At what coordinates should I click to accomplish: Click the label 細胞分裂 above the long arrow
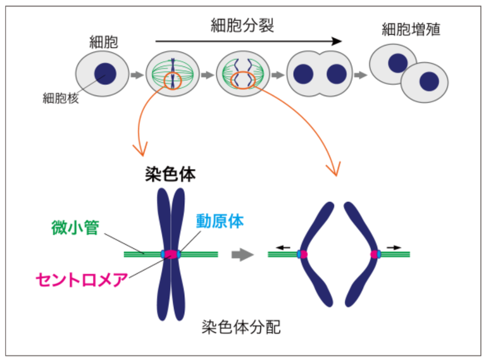(243, 26)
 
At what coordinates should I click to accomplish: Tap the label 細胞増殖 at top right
(411, 29)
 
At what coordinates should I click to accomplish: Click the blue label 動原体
(220, 221)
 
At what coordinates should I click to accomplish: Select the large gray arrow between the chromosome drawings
(241, 254)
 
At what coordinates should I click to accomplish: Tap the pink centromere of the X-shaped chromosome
(171, 254)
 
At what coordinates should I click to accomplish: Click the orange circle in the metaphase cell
(172, 81)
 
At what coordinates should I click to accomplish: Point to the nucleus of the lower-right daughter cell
(429, 82)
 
